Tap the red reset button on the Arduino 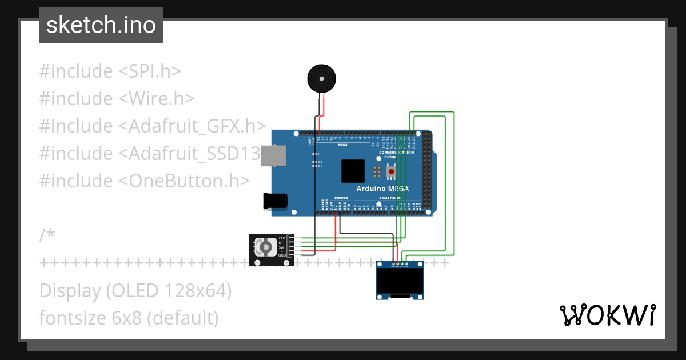[391, 171]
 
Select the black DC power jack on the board [273, 201]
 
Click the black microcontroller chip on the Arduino [353, 171]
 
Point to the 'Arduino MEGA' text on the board [382, 188]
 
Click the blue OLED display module [400, 281]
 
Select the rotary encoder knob [265, 247]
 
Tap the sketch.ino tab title [101, 25]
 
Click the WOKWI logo [607, 315]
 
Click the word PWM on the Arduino [342, 145]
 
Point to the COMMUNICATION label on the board [396, 153]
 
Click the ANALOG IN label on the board [390, 198]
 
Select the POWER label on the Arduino [341, 198]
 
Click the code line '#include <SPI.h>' [110, 71]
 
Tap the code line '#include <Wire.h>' [117, 99]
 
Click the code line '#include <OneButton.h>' [144, 181]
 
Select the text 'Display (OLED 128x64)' [135, 291]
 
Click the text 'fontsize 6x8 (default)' [129, 318]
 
